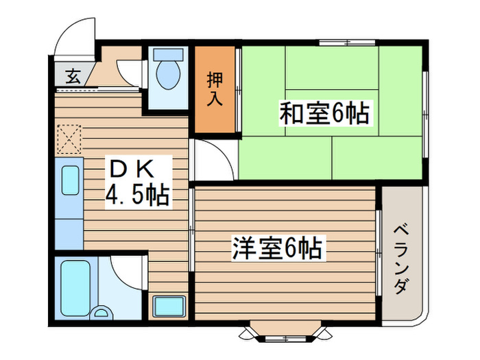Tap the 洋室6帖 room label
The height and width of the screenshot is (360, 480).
pyautogui.click(x=277, y=248)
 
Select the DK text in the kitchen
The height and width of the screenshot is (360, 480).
pyautogui.click(x=132, y=169)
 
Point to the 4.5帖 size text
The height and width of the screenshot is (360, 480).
pyautogui.click(x=137, y=195)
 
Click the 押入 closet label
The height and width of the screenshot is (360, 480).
pyautogui.click(x=215, y=88)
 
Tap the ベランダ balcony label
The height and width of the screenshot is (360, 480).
pyautogui.click(x=401, y=260)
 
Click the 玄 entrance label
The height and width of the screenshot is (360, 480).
pyautogui.click(x=73, y=76)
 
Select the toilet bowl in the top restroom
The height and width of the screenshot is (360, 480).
pyautogui.click(x=168, y=74)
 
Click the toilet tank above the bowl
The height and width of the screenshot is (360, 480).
pyautogui.click(x=168, y=54)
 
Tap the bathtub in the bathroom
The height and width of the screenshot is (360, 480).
pyautogui.click(x=75, y=289)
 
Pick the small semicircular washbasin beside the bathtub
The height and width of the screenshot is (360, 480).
pyautogui.click(x=101, y=312)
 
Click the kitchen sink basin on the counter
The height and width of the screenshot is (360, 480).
pyautogui.click(x=71, y=180)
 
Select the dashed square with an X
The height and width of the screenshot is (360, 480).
pyautogui.click(x=69, y=139)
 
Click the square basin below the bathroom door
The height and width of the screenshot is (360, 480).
pyautogui.click(x=169, y=307)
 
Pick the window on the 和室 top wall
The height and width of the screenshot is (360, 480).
pyautogui.click(x=347, y=43)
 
